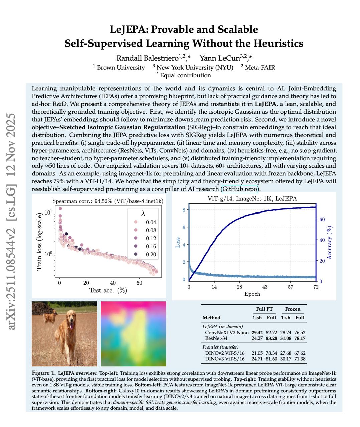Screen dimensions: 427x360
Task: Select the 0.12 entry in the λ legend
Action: point(151,238)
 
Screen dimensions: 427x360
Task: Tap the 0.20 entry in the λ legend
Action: point(151,254)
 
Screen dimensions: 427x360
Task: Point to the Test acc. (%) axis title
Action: point(108,290)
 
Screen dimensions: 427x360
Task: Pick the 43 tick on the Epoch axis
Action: point(265,287)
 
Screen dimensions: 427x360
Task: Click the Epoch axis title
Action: point(252,294)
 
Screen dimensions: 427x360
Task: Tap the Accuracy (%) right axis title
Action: point(330,243)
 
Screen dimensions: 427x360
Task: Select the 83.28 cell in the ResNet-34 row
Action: point(271,338)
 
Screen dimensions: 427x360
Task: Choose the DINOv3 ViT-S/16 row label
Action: point(225,359)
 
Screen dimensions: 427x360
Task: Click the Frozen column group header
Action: point(293,309)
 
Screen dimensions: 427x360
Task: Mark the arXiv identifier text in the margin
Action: point(12,222)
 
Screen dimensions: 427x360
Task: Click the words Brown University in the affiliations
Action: point(121,67)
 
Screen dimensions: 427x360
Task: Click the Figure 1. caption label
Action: point(44,373)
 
